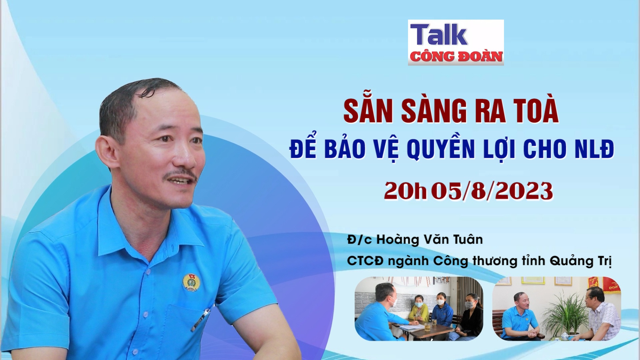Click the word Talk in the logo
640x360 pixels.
pos(439,35)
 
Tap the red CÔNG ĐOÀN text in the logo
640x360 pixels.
pos(456,57)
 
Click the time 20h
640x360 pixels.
pos(405,191)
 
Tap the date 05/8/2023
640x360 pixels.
pos(492,191)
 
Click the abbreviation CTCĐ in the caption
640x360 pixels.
pos(365,261)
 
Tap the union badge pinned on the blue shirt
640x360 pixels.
pos(189,282)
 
